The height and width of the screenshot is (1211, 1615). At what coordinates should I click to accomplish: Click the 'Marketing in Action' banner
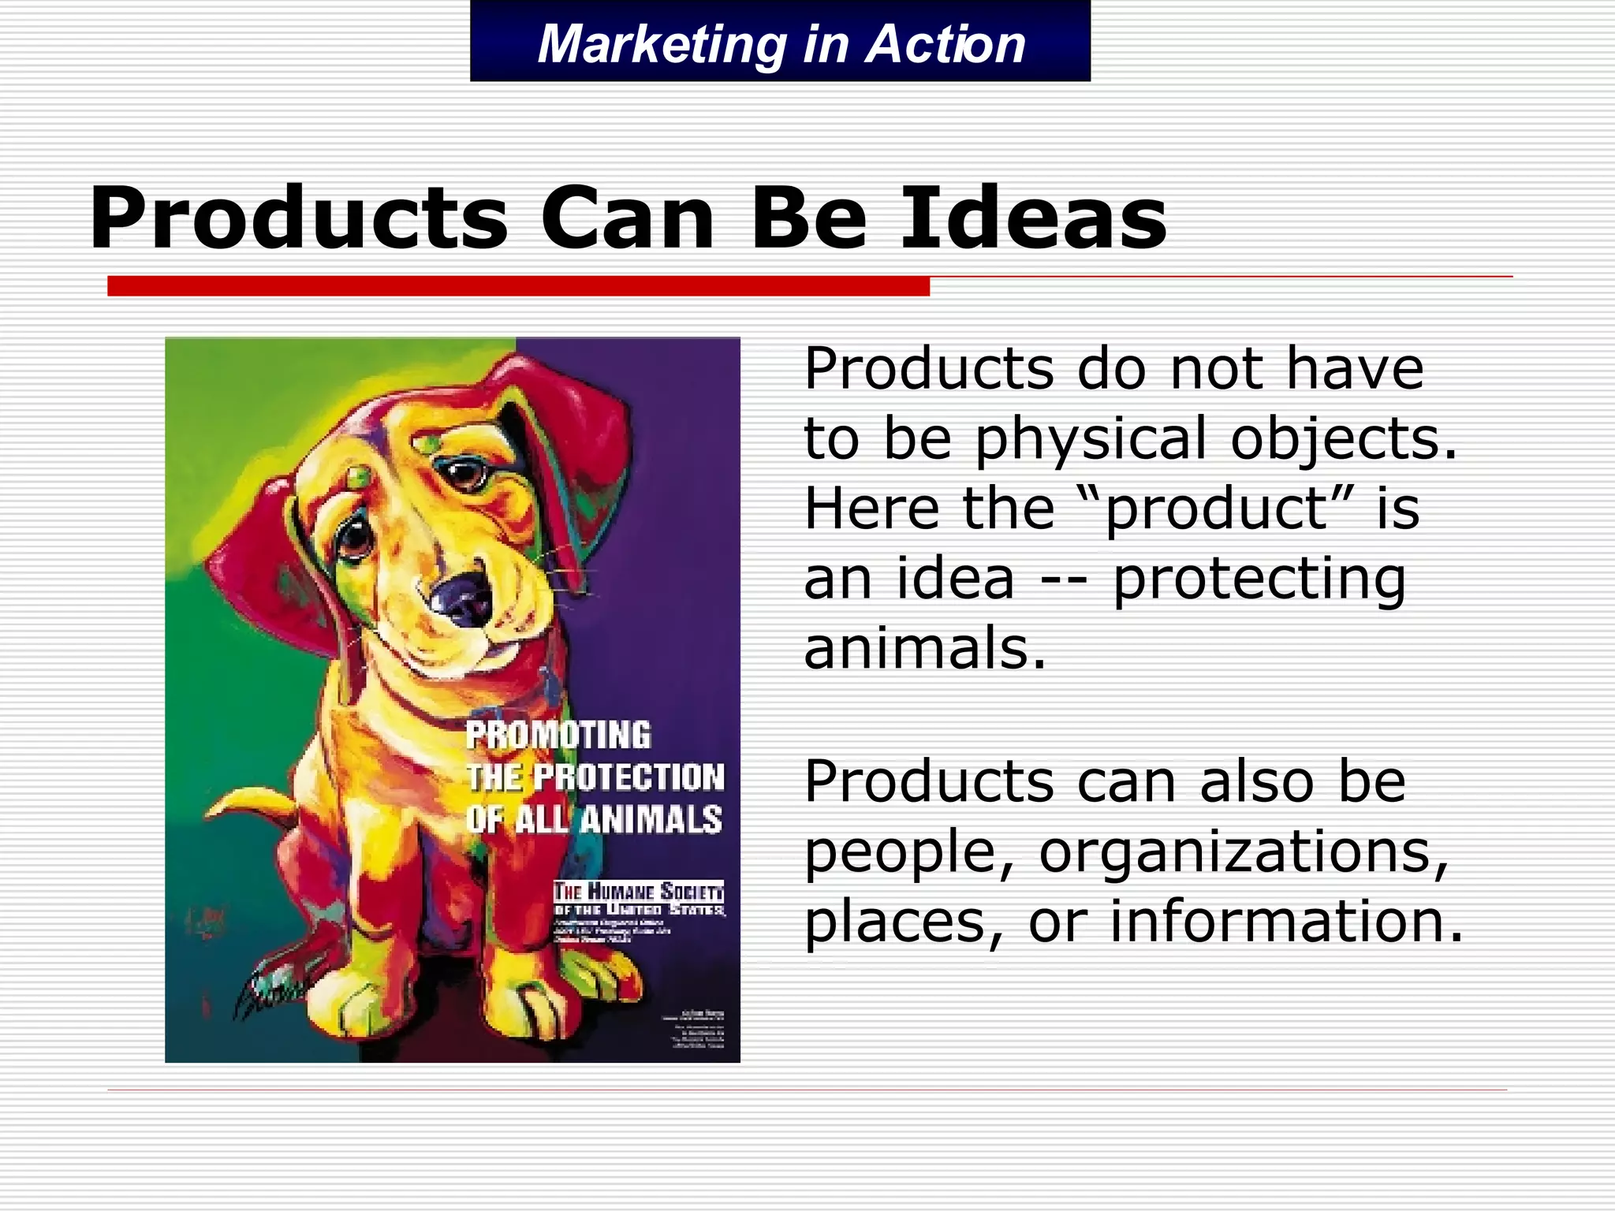(781, 43)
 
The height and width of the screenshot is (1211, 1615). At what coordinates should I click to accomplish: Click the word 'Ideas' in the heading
(1033, 218)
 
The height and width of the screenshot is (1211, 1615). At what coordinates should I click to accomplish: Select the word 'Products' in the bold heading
(300, 218)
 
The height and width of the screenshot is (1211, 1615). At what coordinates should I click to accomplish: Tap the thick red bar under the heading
(518, 286)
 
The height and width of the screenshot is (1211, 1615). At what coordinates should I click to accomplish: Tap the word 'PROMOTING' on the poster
(558, 735)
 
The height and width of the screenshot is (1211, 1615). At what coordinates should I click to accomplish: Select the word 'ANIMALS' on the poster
(651, 820)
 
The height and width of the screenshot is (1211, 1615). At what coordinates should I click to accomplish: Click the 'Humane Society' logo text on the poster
(638, 893)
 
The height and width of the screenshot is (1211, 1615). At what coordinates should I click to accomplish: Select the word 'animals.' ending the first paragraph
(924, 648)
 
